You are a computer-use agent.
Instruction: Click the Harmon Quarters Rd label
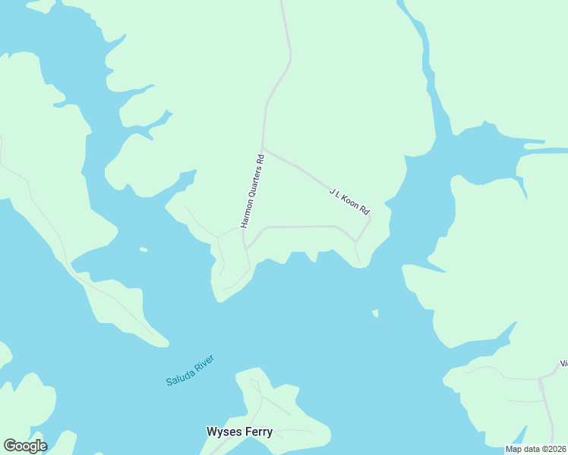point(253,191)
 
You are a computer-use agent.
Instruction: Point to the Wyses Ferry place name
point(239,431)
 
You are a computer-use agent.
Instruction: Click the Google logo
point(25,446)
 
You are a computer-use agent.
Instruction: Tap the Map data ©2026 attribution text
point(535,449)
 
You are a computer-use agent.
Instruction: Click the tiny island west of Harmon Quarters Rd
point(143,249)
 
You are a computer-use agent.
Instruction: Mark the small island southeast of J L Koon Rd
point(375,312)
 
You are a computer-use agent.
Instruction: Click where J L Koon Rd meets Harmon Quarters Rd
point(263,148)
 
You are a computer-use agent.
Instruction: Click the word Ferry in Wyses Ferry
point(258,431)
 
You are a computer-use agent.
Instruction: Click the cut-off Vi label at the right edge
point(563,363)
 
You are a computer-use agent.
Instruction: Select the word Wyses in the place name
point(222,431)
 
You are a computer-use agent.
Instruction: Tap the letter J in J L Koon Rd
point(332,190)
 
